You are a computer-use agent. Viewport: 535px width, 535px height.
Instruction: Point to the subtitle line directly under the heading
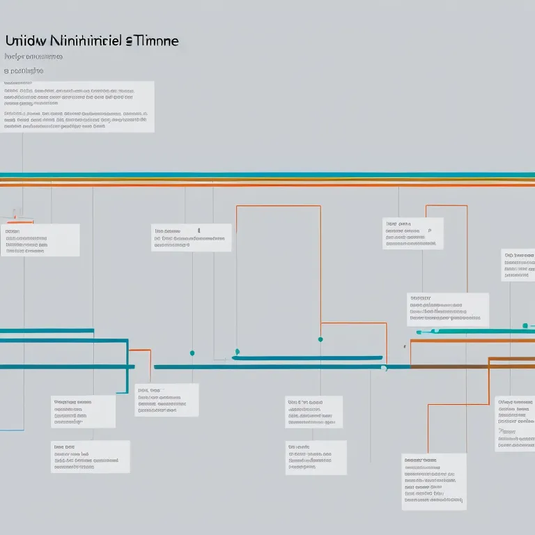click(33, 56)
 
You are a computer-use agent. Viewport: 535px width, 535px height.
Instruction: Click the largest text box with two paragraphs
click(77, 107)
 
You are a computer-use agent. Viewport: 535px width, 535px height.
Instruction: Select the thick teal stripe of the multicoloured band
click(267, 175)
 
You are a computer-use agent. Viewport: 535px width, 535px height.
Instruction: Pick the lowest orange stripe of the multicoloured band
click(267, 185)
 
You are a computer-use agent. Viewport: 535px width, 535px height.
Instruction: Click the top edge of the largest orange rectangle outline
click(278, 206)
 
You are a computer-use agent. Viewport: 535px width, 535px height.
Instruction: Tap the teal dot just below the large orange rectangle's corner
click(320, 339)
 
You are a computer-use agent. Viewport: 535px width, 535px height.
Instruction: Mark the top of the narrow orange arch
click(446, 206)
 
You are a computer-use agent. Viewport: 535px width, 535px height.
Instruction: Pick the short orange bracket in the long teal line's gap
click(142, 350)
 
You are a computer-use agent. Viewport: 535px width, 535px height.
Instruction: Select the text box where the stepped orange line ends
click(433, 481)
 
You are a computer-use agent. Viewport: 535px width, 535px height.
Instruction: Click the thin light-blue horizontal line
click(11, 430)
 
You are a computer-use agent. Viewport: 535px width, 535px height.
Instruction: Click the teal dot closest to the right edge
click(525, 325)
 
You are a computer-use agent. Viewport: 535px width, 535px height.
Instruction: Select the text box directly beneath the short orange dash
click(40, 240)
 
